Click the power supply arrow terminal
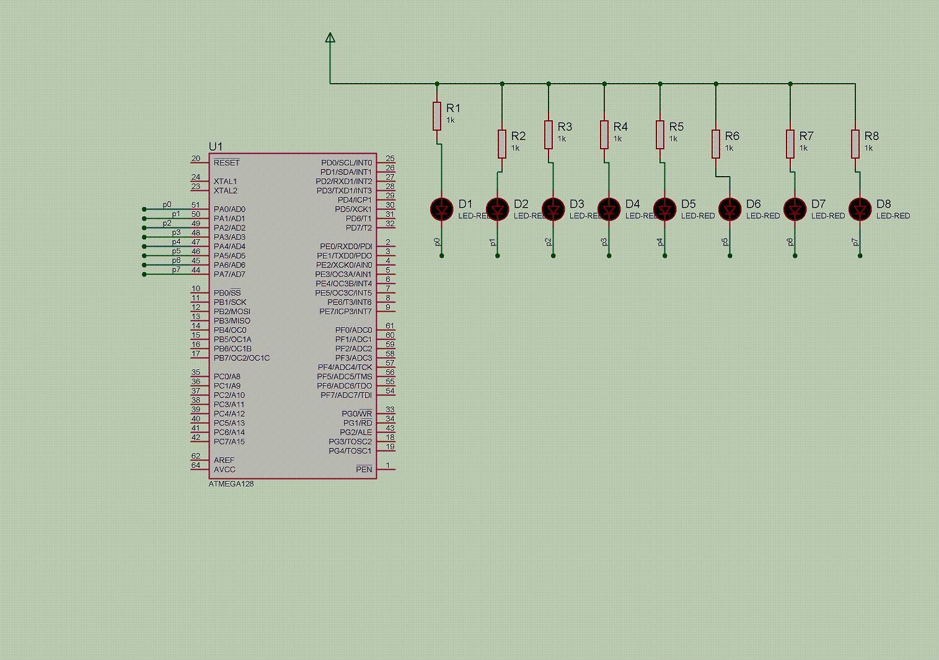coord(330,38)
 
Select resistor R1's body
coord(437,116)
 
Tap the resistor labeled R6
coord(716,144)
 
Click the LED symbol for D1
coord(441,209)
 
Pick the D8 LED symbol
coord(860,209)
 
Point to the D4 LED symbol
coord(609,209)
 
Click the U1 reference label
coord(216,147)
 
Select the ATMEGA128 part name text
coord(231,483)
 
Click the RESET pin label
coord(226,162)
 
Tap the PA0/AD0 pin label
coord(229,209)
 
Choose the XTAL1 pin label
coord(225,182)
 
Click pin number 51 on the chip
coord(196,205)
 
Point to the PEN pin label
coord(364,469)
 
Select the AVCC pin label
coord(224,469)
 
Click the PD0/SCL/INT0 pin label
coord(346,162)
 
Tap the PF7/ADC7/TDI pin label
coord(346,395)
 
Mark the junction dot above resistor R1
coord(437,84)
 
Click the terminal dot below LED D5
coord(664,255)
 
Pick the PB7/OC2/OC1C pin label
coord(242,358)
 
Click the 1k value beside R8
coord(868,148)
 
